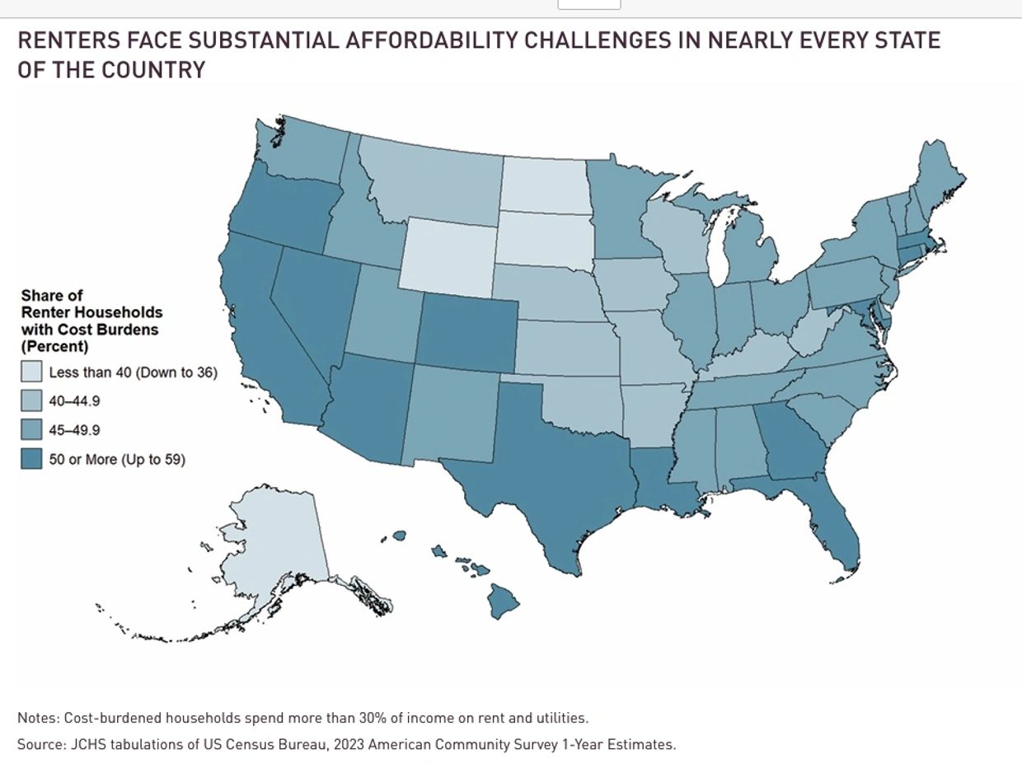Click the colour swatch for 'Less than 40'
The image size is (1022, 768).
[x=31, y=372]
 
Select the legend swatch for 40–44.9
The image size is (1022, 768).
[x=31, y=401]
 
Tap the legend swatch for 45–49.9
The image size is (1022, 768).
[x=31, y=430]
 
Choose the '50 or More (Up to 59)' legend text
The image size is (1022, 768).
[x=117, y=459]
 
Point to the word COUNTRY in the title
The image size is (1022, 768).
[x=154, y=69]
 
